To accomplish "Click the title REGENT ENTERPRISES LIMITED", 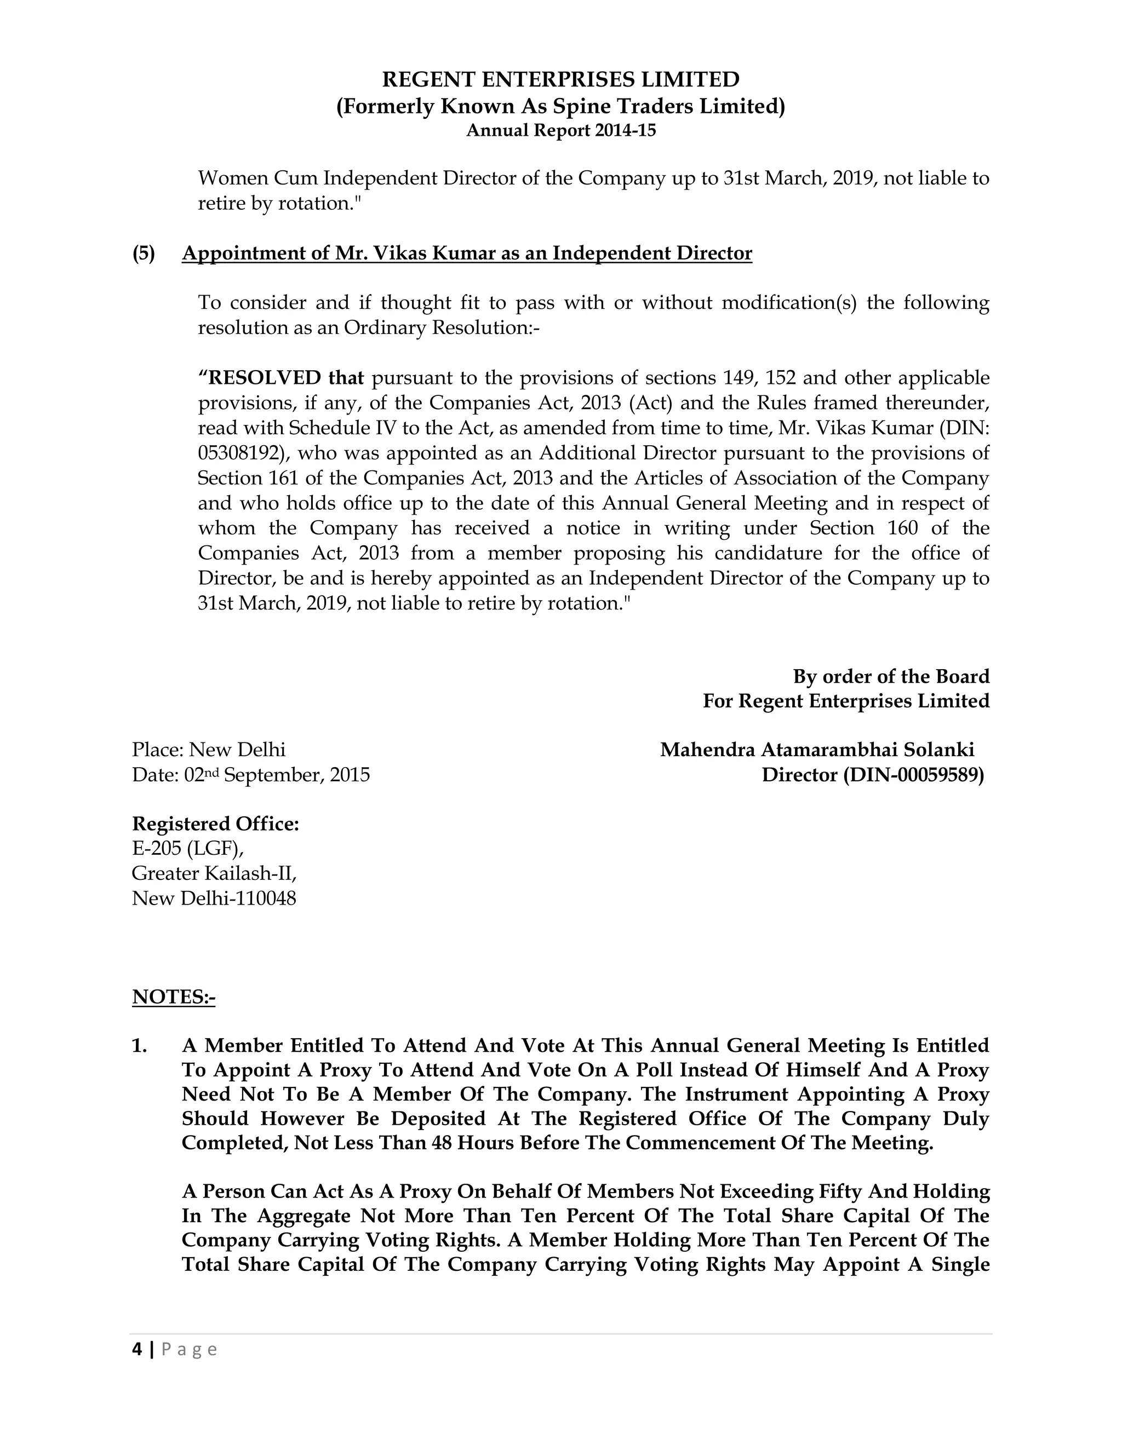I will (x=560, y=80).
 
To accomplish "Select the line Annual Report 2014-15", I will (x=560, y=131).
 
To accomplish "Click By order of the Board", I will (x=891, y=676).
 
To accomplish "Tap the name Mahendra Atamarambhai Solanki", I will (x=817, y=750).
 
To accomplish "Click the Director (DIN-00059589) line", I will (x=872, y=775).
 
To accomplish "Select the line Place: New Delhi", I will (x=209, y=750).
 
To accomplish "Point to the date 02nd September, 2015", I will (x=277, y=775).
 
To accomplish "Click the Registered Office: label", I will (x=215, y=824).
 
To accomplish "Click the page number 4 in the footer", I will (x=137, y=1349).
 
